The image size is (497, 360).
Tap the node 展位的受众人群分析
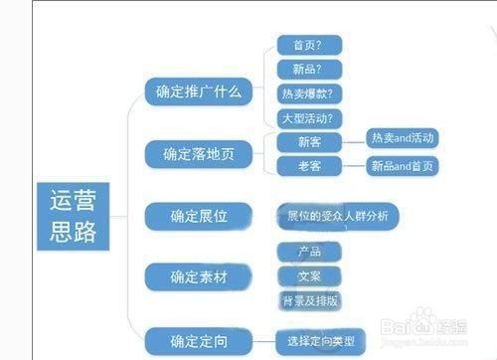(343, 215)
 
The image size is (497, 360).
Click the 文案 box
(297, 275)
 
